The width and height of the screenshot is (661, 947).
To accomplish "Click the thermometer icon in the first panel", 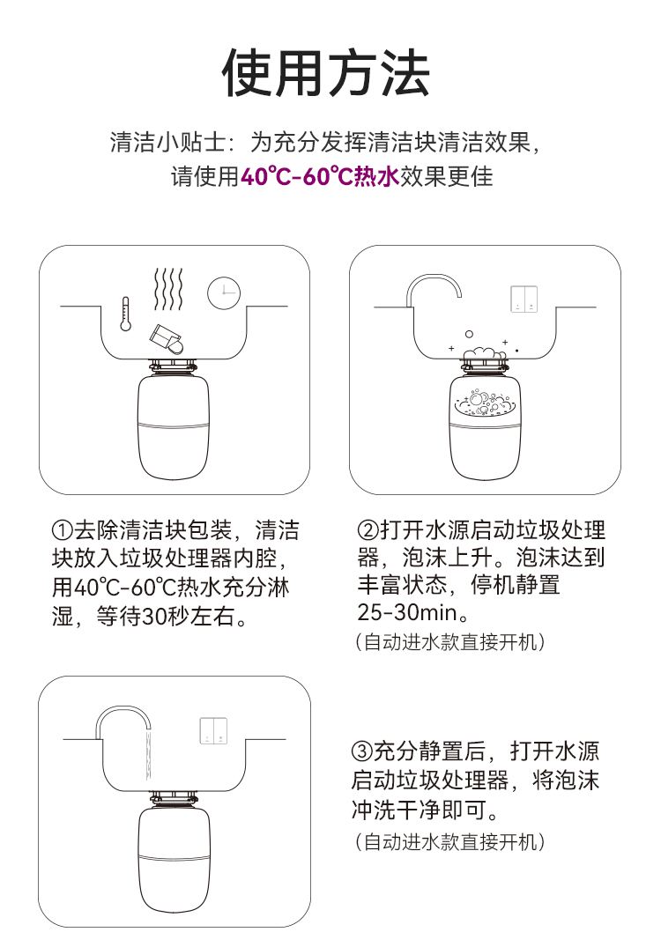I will click(126, 313).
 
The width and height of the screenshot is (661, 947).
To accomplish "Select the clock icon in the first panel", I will click(223, 292).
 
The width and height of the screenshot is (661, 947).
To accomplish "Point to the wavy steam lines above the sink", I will click(169, 289).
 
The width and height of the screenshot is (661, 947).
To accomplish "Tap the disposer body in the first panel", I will click(174, 423).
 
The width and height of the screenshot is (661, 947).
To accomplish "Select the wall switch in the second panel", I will click(524, 300).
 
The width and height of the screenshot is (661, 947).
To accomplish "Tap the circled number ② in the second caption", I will click(368, 531).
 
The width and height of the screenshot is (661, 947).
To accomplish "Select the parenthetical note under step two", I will click(449, 642).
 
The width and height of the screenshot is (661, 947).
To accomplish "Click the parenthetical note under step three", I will click(449, 843).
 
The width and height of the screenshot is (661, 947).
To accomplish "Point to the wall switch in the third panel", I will click(212, 731).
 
